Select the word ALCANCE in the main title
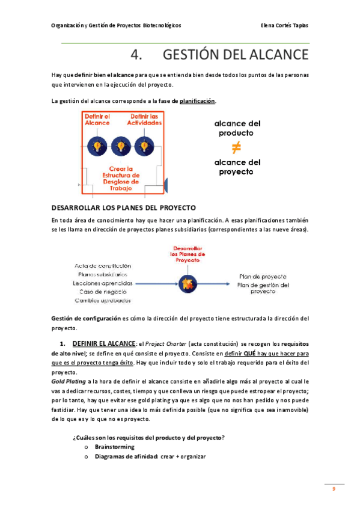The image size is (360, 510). tap(269, 55)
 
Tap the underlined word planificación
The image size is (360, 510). tap(197, 101)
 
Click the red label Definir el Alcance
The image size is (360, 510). tap(97, 119)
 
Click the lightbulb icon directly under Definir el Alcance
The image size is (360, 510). tap(97, 145)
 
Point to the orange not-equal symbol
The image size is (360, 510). tap(237, 148)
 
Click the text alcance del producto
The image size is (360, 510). tap(237, 127)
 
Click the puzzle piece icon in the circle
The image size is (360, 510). tap(187, 281)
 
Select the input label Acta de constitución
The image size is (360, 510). tap(103, 265)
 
